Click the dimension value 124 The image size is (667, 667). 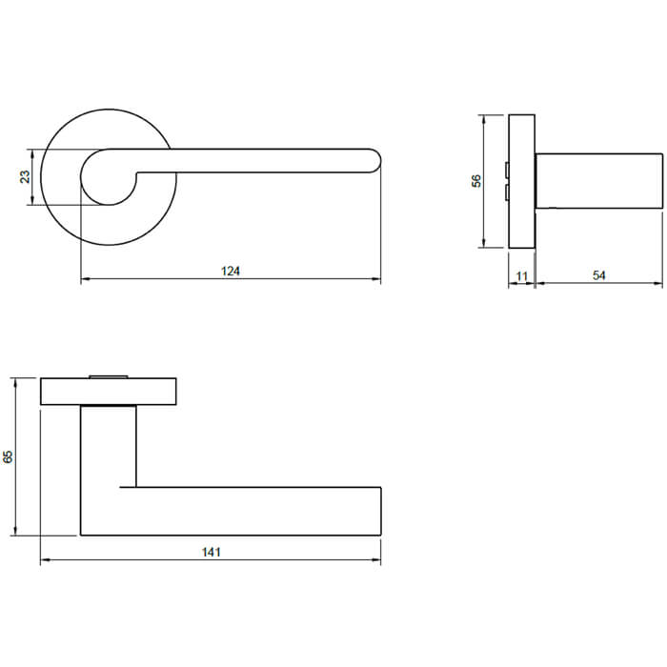231,271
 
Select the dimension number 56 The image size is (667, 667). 476,180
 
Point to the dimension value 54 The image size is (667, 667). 599,275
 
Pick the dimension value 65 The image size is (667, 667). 9,456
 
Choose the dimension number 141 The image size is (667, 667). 211,553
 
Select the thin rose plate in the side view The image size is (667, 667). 521,181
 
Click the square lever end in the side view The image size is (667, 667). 599,180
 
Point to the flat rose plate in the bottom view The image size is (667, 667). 109,392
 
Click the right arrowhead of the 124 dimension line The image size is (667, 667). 377,279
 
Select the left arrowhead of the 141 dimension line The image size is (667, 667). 44,560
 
